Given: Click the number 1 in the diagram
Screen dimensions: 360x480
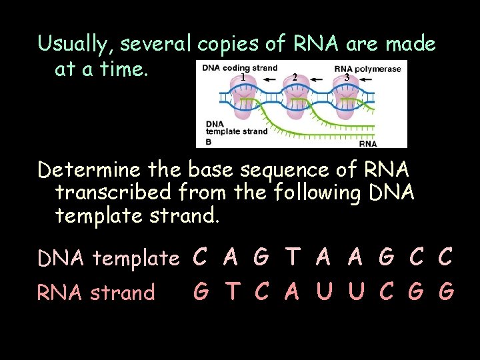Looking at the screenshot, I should tap(243, 77).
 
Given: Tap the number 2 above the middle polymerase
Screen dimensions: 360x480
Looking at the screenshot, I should tap(295, 78).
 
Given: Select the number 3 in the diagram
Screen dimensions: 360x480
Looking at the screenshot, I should tap(346, 77).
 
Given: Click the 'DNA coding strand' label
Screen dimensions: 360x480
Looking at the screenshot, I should tap(230, 67).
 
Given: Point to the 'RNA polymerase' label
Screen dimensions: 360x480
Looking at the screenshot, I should tap(367, 68).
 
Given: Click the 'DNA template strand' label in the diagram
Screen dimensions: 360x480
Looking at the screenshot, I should tap(236, 127).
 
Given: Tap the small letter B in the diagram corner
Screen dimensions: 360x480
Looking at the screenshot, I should tap(208, 141).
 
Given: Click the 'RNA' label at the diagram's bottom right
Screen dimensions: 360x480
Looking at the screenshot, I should tap(368, 143).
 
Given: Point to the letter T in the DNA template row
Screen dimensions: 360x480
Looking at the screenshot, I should tap(292, 257).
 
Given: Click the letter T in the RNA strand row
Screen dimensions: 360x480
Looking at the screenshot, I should tap(231, 291).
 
